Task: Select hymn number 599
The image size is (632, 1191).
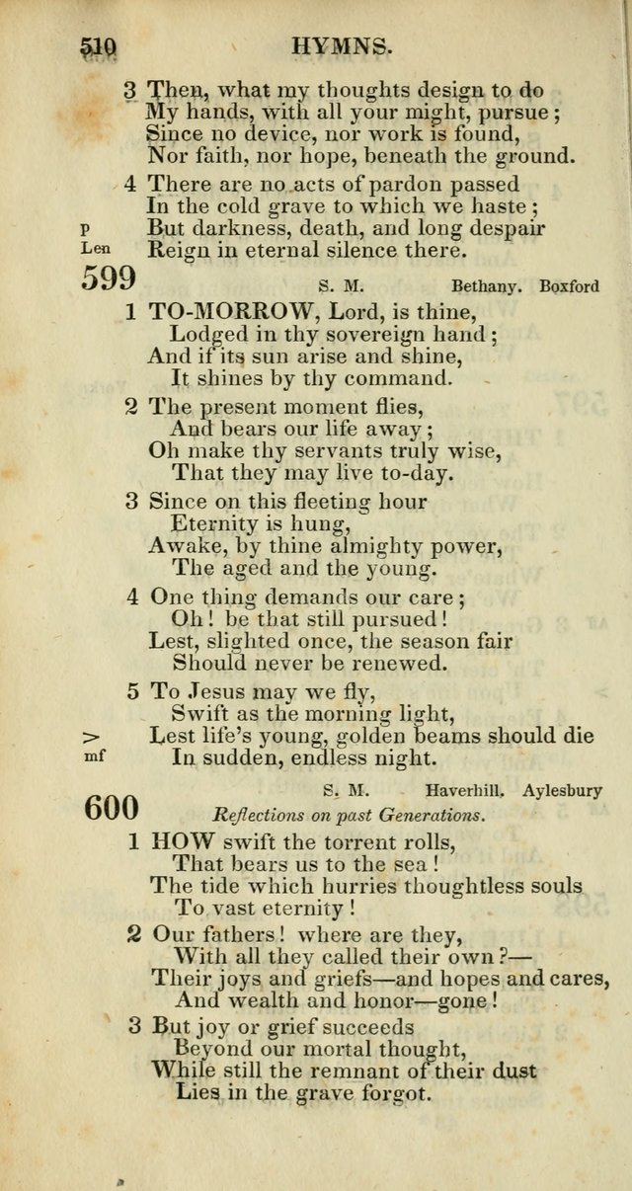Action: (109, 279)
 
